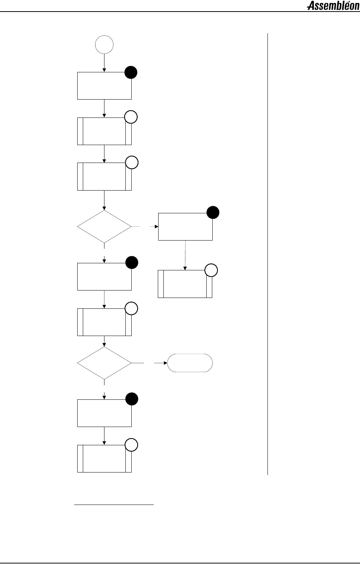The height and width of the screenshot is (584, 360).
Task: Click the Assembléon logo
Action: (x=333, y=6)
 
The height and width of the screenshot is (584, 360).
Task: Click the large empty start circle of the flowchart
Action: (x=104, y=45)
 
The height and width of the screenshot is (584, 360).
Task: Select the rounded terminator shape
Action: (x=190, y=362)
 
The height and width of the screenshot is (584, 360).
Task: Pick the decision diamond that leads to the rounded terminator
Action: (x=104, y=362)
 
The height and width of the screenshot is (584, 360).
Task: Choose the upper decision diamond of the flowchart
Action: (x=104, y=226)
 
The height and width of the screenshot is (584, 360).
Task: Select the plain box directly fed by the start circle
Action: (x=104, y=86)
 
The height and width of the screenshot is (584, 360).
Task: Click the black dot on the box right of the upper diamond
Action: (x=213, y=213)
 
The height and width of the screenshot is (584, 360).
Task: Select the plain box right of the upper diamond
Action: (x=185, y=227)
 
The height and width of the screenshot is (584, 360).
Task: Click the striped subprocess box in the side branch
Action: (x=185, y=284)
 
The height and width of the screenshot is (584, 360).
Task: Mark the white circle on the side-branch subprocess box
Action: (x=211, y=270)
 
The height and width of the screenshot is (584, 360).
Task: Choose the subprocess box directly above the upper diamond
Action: (x=104, y=176)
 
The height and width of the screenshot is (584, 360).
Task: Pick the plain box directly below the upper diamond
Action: (x=104, y=276)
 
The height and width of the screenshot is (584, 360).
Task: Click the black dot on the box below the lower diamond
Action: (x=132, y=399)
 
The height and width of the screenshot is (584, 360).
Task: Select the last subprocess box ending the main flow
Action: (x=104, y=458)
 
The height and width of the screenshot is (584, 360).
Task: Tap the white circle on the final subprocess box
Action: (x=131, y=445)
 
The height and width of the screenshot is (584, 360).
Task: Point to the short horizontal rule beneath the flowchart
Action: (x=114, y=505)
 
